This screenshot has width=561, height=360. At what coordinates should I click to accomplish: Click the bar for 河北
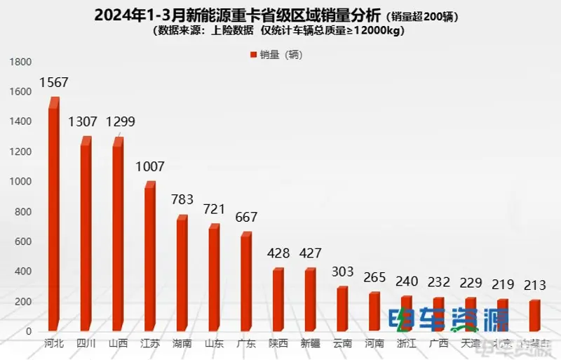coord(53,218)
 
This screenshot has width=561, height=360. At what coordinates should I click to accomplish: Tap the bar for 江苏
coord(149,258)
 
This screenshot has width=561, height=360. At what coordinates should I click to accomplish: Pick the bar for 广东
coord(245,283)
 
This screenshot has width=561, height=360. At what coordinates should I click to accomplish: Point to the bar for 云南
coord(342,309)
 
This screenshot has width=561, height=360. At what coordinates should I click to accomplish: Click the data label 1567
coord(53,83)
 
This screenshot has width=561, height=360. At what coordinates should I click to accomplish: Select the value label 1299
coord(120,121)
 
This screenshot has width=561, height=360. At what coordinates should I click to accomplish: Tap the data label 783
coord(182,200)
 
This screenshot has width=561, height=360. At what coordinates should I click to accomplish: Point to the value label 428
coord(278,253)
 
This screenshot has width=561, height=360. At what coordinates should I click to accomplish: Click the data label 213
coord(534,286)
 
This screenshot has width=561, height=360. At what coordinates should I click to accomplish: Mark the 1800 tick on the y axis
coord(20,62)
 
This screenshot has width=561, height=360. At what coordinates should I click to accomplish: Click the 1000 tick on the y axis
coord(20,182)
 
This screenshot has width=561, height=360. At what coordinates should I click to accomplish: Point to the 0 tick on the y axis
coord(28,331)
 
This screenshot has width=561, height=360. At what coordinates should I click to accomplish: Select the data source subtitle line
coord(280,32)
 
